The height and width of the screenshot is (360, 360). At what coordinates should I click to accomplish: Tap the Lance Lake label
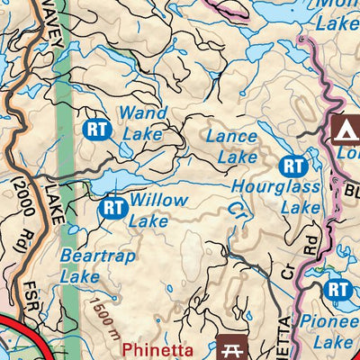(x=231, y=146)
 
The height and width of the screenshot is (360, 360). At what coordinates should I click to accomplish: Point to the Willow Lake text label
(x=158, y=209)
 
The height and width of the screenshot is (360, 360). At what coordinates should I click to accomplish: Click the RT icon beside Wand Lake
(x=96, y=129)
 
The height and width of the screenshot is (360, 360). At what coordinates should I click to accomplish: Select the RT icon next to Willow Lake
(x=112, y=209)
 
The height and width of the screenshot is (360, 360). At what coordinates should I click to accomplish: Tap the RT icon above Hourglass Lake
(x=292, y=166)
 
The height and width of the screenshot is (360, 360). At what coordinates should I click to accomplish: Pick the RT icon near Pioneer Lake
(x=337, y=289)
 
